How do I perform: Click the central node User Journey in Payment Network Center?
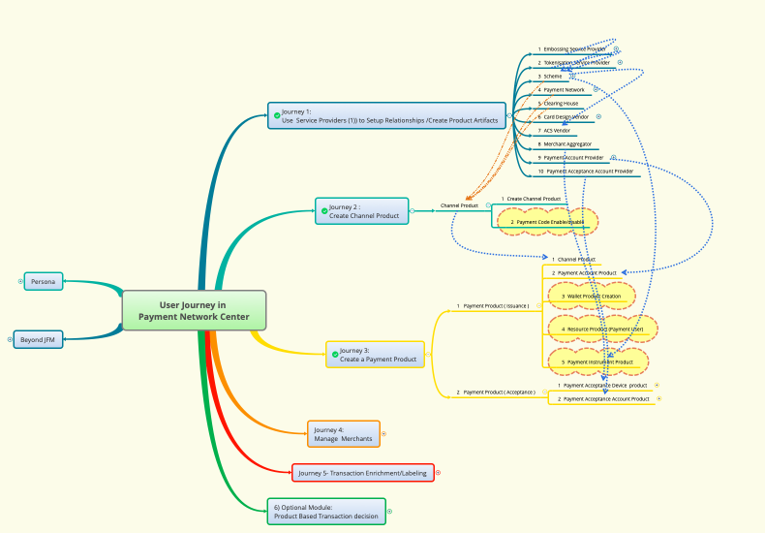(194, 310)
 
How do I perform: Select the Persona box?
(44, 281)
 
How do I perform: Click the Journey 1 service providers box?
(387, 116)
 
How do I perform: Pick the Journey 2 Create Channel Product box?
(362, 211)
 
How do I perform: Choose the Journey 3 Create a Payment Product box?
(376, 355)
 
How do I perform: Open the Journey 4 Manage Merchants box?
(343, 434)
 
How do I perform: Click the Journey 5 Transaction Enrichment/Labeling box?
(363, 473)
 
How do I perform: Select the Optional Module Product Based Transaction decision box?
(326, 512)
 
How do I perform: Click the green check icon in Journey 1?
(277, 115)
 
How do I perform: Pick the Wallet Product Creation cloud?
(593, 296)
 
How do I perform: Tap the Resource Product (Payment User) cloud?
(602, 329)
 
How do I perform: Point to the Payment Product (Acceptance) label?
(496, 392)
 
